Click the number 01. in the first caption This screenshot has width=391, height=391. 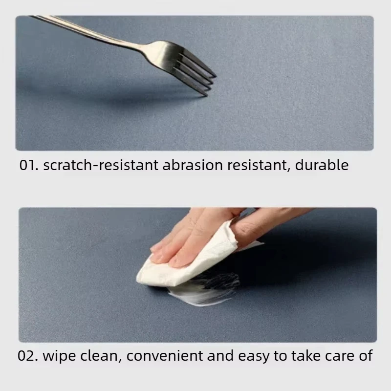[29, 165]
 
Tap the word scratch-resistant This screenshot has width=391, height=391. [101, 165]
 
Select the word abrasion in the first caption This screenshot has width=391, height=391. [193, 165]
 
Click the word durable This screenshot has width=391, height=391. [322, 165]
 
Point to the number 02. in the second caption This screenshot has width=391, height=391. [28, 356]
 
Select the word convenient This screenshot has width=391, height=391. [165, 356]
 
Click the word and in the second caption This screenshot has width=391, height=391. [220, 356]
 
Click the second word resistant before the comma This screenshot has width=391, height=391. [259, 165]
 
